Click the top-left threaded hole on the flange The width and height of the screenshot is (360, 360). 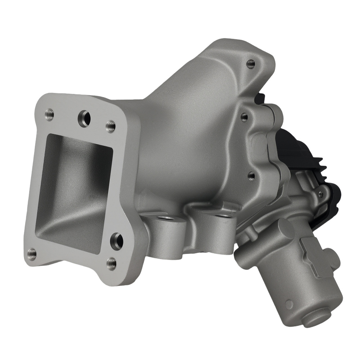click(x=49, y=115)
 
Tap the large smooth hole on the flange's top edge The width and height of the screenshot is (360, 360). click(x=84, y=118)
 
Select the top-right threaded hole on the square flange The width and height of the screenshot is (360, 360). click(x=111, y=126)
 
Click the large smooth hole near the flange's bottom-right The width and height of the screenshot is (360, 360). click(x=117, y=241)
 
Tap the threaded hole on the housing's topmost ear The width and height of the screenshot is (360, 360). click(x=251, y=64)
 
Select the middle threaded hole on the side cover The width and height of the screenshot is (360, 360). click(x=244, y=117)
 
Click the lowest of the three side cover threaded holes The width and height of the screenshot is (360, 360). click(x=252, y=176)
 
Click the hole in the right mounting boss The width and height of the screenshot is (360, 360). click(x=222, y=216)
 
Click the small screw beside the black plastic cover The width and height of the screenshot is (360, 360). click(x=320, y=195)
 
